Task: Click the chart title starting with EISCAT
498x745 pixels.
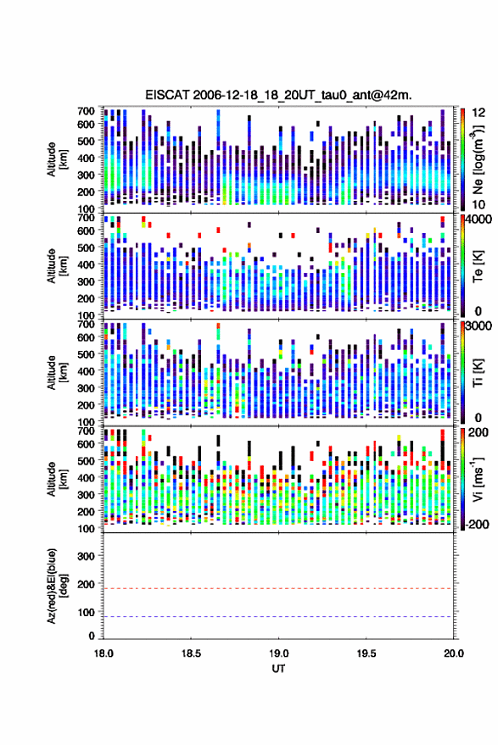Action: (x=278, y=95)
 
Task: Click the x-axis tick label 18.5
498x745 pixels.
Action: (x=191, y=653)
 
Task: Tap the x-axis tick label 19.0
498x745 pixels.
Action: (x=278, y=653)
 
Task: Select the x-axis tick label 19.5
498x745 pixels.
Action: (x=366, y=653)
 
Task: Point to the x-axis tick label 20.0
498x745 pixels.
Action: (x=453, y=653)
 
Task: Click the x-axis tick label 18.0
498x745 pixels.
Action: (x=104, y=653)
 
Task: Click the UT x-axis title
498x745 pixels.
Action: (x=278, y=669)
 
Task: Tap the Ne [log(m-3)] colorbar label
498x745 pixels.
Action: (x=478, y=160)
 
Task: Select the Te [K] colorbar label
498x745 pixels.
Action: (x=478, y=266)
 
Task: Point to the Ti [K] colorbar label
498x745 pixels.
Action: (x=478, y=373)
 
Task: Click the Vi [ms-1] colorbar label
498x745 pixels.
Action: (x=478, y=479)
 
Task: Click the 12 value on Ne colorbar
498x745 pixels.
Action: (x=479, y=113)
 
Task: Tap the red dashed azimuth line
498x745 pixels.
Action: (x=278, y=589)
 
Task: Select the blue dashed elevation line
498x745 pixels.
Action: (x=278, y=617)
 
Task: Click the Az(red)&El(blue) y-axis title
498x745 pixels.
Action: (x=56, y=586)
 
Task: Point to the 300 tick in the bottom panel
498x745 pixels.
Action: (x=87, y=556)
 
